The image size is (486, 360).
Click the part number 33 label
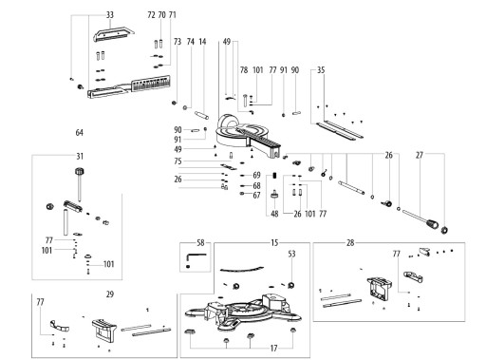coord(109,15)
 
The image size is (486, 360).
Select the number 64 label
coord(80,132)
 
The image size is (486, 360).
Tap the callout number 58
coord(200,243)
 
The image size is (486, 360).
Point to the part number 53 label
coord(291,254)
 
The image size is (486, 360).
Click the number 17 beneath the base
coord(273,349)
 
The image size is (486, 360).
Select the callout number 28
coord(350,243)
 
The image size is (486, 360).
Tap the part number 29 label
coord(109,294)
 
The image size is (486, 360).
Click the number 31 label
coord(80,156)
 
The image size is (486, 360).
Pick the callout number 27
coord(420,155)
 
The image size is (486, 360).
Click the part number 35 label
coord(321,70)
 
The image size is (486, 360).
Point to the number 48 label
coord(274,214)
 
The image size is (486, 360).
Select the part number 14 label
coord(202,42)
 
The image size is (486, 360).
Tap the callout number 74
coord(190,42)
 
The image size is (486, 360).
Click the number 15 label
coord(274,243)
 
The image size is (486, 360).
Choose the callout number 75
coord(178,161)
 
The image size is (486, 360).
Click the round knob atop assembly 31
coord(80,172)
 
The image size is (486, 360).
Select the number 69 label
coord(256,175)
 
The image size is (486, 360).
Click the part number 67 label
coord(256,196)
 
